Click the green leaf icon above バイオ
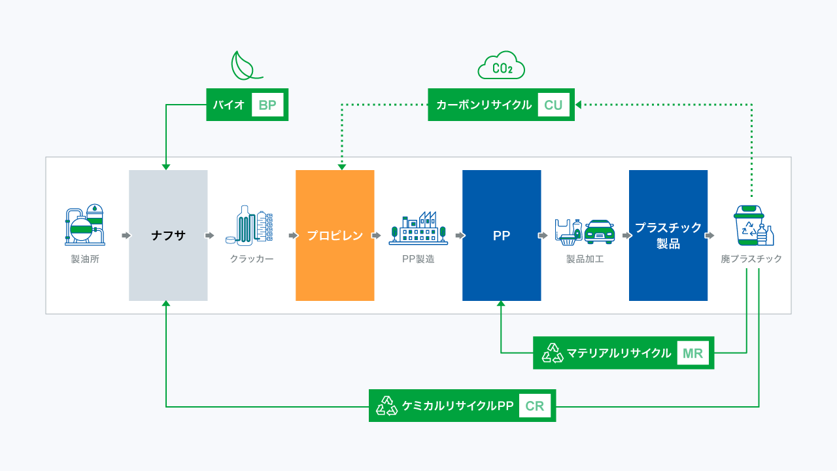[246, 65]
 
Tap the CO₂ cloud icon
[502, 66]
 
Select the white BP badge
[267, 105]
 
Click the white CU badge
[553, 105]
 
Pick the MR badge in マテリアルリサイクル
[692, 353]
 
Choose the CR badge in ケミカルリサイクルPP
[535, 406]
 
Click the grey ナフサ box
[168, 235]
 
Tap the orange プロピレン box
[335, 235]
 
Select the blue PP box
[502, 235]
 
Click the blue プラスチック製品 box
[668, 235]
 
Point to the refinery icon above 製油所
[85, 225]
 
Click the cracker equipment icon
[252, 225]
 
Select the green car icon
[599, 231]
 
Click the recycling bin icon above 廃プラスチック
[750, 226]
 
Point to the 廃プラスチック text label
[751, 259]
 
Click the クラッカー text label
[252, 259]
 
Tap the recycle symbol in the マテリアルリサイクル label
[553, 353]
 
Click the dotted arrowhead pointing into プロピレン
[341, 167]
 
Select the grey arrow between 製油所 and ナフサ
[126, 235]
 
